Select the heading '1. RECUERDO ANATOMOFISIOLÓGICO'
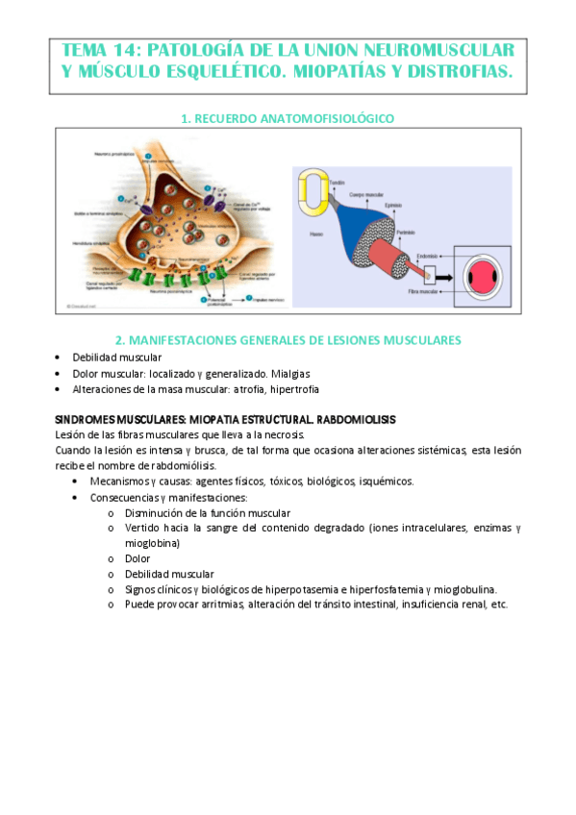tap(288, 118)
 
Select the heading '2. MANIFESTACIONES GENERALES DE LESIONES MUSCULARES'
tap(288, 340)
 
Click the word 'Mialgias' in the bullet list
tap(289, 373)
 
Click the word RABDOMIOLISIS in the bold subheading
tap(348, 420)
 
